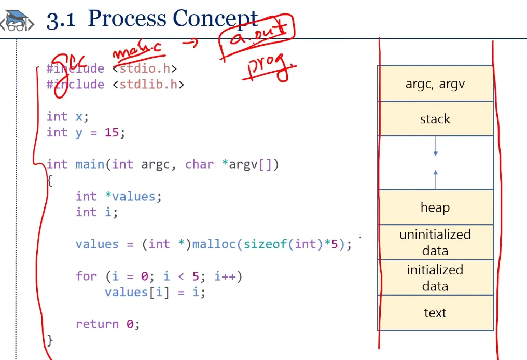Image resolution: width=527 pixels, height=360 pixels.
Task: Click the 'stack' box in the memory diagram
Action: pos(435,119)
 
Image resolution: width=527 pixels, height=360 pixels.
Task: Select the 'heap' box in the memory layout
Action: pos(435,207)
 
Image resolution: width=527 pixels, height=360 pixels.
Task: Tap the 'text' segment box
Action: pos(435,313)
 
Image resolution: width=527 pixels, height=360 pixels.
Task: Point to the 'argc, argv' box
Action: pos(435,84)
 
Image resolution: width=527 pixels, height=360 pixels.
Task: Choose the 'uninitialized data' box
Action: pos(435,242)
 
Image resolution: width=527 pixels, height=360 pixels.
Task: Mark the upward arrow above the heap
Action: pos(435,175)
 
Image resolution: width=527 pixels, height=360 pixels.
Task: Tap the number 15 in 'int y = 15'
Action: pos(112,132)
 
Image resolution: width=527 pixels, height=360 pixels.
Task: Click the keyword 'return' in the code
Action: pos(97,324)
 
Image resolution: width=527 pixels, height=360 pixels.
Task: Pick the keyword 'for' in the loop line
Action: pos(86,276)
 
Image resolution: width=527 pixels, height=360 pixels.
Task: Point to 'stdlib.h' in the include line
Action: pos(148,84)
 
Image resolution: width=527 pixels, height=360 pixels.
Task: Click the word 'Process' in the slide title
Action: pos(128,19)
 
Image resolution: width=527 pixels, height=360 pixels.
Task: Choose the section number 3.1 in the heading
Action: pos(61,20)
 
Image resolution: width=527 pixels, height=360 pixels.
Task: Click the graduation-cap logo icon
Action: pos(17,21)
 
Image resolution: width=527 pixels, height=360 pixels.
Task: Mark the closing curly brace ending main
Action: pos(50,340)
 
